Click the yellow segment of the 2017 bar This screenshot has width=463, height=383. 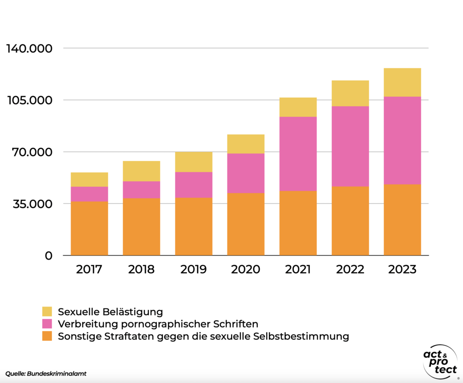[x=89, y=180]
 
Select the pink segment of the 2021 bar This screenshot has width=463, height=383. [x=298, y=154]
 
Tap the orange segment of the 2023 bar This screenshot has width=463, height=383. [x=402, y=220]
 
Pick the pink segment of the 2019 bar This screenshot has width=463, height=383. [x=194, y=185]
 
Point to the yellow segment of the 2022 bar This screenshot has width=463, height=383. [x=350, y=93]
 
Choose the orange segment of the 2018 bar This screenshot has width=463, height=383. [x=142, y=227]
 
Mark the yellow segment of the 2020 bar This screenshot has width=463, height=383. [x=246, y=144]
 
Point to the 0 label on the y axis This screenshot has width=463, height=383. [x=48, y=256]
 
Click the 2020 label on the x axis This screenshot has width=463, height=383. [x=246, y=270]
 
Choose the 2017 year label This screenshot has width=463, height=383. [x=89, y=270]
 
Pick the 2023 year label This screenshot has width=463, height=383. [x=402, y=270]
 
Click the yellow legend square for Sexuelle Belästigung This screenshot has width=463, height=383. [x=47, y=312]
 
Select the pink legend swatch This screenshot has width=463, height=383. [x=47, y=324]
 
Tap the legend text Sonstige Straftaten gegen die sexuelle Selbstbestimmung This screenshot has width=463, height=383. [x=203, y=336]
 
